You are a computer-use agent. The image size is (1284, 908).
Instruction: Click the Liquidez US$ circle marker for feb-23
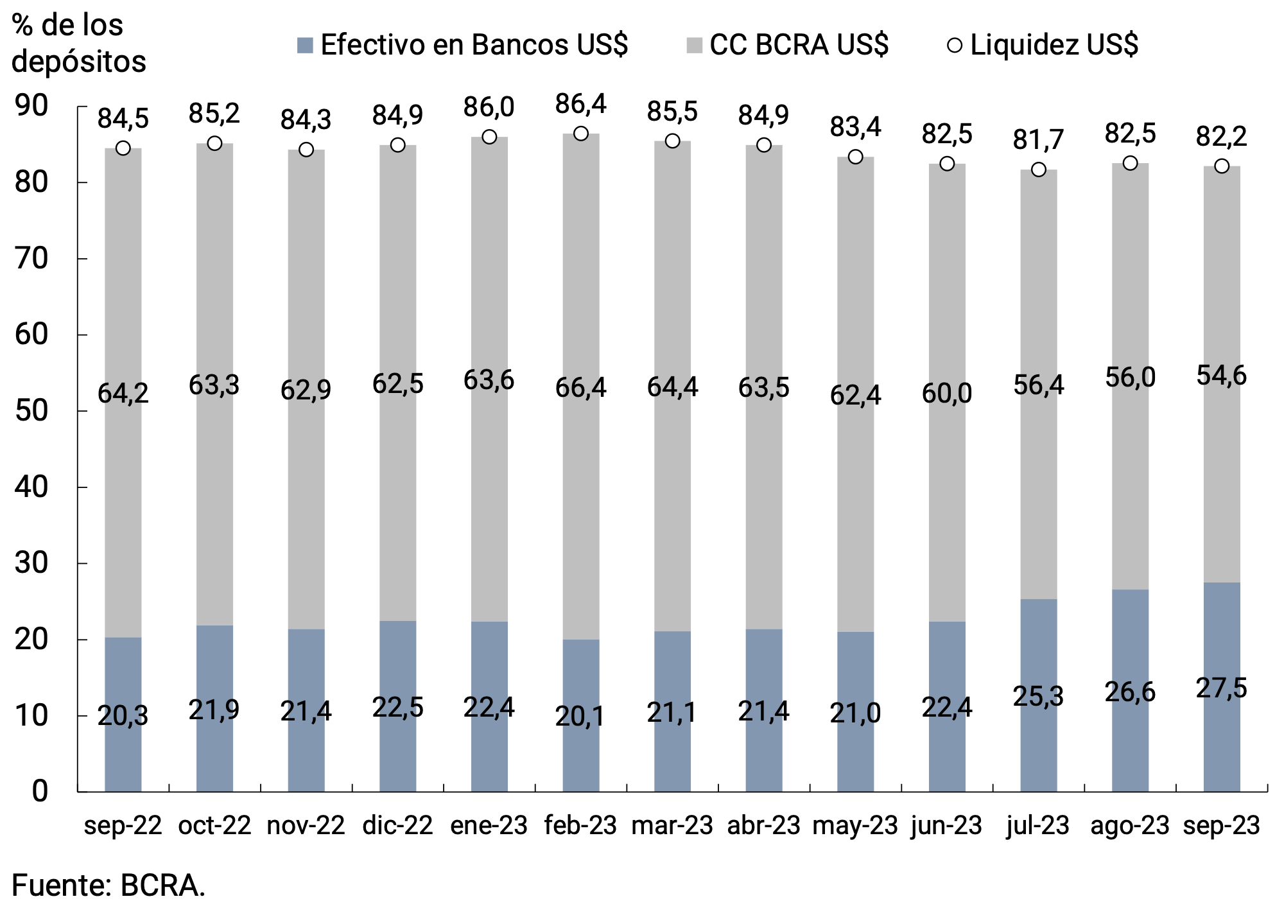[580, 134]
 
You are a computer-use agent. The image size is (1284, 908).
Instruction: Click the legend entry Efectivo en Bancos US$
[462, 45]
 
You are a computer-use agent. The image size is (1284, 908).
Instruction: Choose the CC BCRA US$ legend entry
[788, 45]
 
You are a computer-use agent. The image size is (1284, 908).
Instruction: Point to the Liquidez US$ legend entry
[1043, 45]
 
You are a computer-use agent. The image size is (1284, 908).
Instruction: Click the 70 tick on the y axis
[32, 259]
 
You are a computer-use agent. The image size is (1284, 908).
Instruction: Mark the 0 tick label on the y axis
[40, 792]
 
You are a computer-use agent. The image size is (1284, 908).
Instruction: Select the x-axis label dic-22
[397, 825]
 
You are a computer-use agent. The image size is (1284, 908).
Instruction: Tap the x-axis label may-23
[855, 825]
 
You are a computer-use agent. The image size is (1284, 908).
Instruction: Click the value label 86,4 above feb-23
[580, 104]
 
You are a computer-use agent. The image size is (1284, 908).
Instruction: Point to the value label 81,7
[1038, 139]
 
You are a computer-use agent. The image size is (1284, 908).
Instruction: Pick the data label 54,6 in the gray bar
[1221, 376]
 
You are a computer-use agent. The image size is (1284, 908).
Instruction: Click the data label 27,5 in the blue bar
[1221, 688]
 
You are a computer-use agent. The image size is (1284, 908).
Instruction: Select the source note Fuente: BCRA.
[108, 886]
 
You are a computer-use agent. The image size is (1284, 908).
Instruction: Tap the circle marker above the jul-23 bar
[1038, 170]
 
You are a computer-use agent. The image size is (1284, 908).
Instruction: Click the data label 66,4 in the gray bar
[580, 388]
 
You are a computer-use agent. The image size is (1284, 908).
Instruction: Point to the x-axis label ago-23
[1130, 825]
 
